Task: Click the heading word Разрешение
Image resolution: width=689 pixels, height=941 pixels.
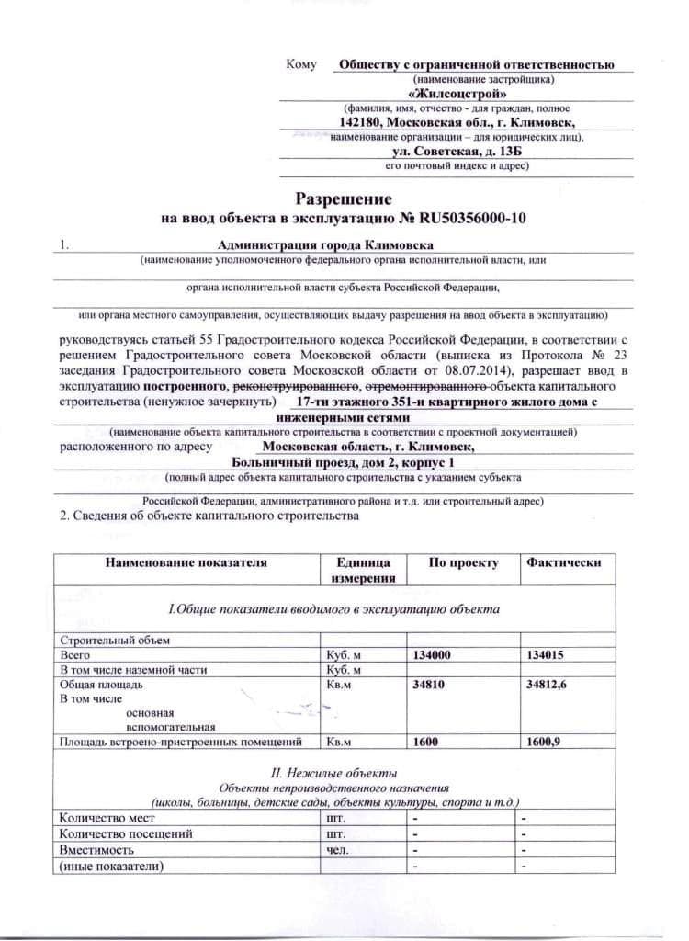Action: tap(344, 198)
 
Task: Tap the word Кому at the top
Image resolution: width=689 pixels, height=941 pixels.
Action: tap(301, 64)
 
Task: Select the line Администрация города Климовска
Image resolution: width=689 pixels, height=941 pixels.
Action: tap(325, 245)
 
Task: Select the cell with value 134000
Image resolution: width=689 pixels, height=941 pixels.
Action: tap(435, 655)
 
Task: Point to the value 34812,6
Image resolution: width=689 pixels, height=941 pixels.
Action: tap(548, 685)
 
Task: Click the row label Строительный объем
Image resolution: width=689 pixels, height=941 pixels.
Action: tap(115, 640)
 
